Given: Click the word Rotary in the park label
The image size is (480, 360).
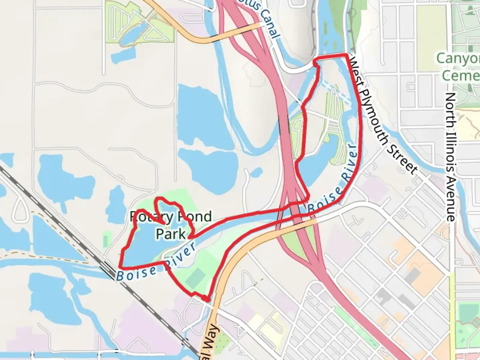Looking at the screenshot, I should click(x=146, y=217).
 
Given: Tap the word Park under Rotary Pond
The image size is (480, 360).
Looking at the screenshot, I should click(x=171, y=234).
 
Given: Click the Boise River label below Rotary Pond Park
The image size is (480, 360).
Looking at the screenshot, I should click(x=156, y=266).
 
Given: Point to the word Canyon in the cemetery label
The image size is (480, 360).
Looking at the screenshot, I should click(x=458, y=59).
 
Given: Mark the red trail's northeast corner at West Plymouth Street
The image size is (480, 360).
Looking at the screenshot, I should click(x=347, y=54).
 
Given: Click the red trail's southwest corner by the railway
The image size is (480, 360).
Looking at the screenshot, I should click(x=120, y=267).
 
